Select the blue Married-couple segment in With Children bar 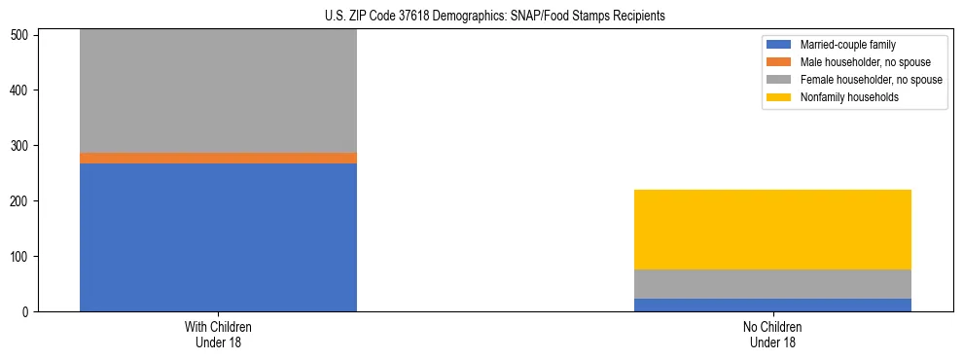pos(218,236)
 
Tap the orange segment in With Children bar pos(218,158)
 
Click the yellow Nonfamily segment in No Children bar pos(772,229)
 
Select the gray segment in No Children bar pos(772,284)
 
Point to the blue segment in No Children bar pos(772,305)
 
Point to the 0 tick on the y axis pos(29,312)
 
